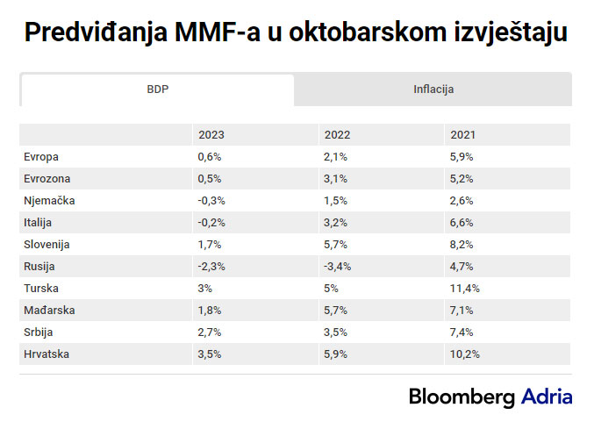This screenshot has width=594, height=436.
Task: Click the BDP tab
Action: click(157, 89)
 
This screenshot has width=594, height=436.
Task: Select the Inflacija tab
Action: click(433, 89)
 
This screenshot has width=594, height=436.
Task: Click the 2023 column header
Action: click(211, 135)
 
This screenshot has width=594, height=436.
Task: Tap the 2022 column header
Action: click(337, 135)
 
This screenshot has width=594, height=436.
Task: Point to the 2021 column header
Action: click(462, 135)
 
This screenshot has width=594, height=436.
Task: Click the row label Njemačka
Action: click(49, 201)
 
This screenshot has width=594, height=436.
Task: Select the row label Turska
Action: click(42, 289)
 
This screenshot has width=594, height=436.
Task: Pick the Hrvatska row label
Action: click(47, 354)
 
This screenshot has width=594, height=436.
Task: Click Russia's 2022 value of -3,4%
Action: click(338, 267)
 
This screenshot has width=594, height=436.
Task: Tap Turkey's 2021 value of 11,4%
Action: click(465, 289)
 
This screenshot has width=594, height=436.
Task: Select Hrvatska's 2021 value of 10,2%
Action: click(465, 354)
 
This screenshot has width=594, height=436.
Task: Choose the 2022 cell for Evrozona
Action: click(336, 179)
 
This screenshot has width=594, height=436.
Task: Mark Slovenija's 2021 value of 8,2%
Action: click(462, 245)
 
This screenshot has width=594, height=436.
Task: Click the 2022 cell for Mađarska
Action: click(336, 311)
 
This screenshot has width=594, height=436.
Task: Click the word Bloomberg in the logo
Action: click(462, 397)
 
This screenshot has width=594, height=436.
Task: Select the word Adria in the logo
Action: click(547, 397)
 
